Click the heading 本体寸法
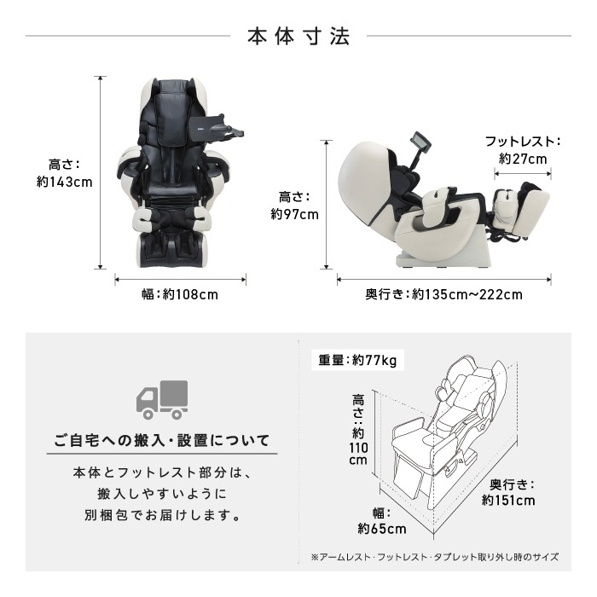[298, 37]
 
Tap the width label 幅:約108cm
[180, 295]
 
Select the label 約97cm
[294, 214]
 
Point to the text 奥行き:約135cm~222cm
[443, 295]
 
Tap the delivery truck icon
[161, 399]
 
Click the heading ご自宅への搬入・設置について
[161, 441]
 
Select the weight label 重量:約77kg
[357, 360]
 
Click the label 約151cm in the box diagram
[508, 501]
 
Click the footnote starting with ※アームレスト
[435, 557]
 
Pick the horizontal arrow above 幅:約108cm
[180, 278]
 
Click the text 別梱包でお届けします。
[161, 516]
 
